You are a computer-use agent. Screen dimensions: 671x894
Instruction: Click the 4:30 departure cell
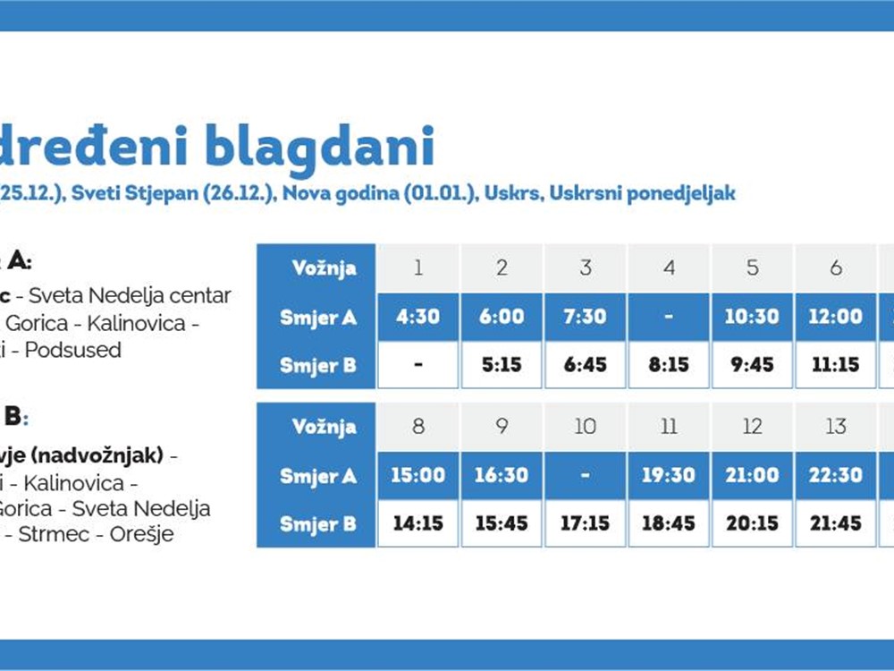pos(417,317)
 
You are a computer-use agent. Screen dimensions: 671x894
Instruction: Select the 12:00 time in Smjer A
pos(836,317)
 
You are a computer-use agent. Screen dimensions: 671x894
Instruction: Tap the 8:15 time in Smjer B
pos(669,365)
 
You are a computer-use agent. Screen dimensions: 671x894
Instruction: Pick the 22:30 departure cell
pos(836,475)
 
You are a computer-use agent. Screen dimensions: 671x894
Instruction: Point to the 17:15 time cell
pos(585,523)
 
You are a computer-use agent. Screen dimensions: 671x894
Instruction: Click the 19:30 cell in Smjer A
pos(669,475)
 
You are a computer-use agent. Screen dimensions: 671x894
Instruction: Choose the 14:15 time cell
pos(417,523)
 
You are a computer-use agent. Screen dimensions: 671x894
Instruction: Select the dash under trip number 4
pos(669,317)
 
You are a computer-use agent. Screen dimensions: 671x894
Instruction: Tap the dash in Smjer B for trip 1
pos(417,365)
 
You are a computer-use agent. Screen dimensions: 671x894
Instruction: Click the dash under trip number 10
pos(585,475)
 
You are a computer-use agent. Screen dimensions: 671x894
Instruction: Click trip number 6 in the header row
pos(836,268)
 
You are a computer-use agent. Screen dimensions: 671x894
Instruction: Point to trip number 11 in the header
pos(669,427)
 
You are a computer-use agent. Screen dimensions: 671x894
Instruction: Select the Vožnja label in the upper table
pos(324,268)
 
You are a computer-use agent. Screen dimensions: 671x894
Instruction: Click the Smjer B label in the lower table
pos(317,523)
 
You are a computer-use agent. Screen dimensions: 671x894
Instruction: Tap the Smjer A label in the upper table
pos(317,317)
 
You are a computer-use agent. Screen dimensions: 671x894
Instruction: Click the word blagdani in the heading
pos(320,148)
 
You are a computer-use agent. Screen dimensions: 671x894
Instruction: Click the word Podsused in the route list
pos(72,350)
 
